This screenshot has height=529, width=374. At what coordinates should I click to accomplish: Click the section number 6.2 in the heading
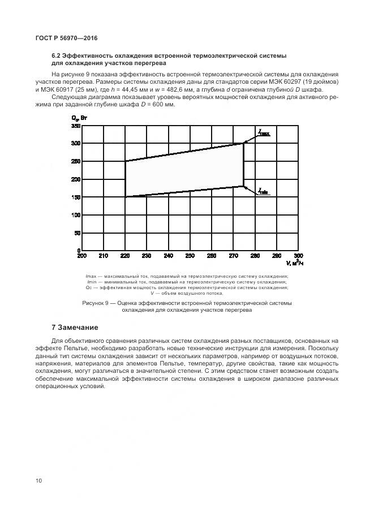click(x=57, y=56)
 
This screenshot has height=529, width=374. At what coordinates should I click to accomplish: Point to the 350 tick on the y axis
click(x=75, y=126)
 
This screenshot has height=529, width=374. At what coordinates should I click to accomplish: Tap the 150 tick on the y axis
click(x=75, y=197)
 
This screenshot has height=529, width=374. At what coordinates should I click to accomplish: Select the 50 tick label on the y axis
click(x=77, y=233)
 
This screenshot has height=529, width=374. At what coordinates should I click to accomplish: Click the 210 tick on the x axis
click(x=103, y=256)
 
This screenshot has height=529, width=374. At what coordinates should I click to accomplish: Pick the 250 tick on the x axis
click(x=190, y=256)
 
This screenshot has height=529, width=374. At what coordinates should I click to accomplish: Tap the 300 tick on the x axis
click(x=298, y=256)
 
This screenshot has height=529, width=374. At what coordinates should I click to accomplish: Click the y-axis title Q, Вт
click(x=79, y=118)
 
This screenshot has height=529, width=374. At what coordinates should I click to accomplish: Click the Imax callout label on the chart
click(x=264, y=133)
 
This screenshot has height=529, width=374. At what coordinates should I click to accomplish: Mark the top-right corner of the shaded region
click(x=243, y=144)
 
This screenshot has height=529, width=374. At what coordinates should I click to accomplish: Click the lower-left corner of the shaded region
click(x=125, y=197)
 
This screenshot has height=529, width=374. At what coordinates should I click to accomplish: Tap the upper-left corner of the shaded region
click(x=125, y=161)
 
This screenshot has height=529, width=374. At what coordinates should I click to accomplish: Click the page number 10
click(x=38, y=481)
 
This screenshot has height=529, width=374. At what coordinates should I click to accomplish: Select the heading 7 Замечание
click(x=75, y=328)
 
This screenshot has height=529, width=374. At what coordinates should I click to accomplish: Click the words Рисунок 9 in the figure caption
click(x=96, y=304)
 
